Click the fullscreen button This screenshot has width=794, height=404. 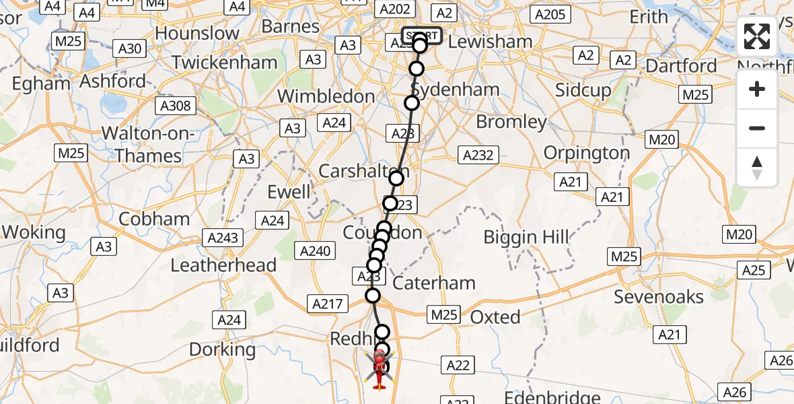coord(757,36)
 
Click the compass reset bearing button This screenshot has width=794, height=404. coord(757,168)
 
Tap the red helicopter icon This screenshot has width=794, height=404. coord(379,369)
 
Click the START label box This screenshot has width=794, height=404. coord(422,36)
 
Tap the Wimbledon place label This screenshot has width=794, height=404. coord(326,96)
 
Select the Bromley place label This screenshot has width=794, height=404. coord(511,122)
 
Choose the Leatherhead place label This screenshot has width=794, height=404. coord(223,265)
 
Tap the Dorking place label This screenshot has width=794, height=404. coord(223,349)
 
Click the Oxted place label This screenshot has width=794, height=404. coord(495,317)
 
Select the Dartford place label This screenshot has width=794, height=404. coord(681,66)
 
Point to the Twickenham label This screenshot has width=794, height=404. coord(224,63)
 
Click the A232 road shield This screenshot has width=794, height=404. coord(478,156)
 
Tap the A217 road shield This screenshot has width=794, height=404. coord(328,304)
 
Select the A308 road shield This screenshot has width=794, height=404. coord(176,106)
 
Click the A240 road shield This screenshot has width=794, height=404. coord(315,251)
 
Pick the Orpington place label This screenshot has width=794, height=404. coord(586,153)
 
